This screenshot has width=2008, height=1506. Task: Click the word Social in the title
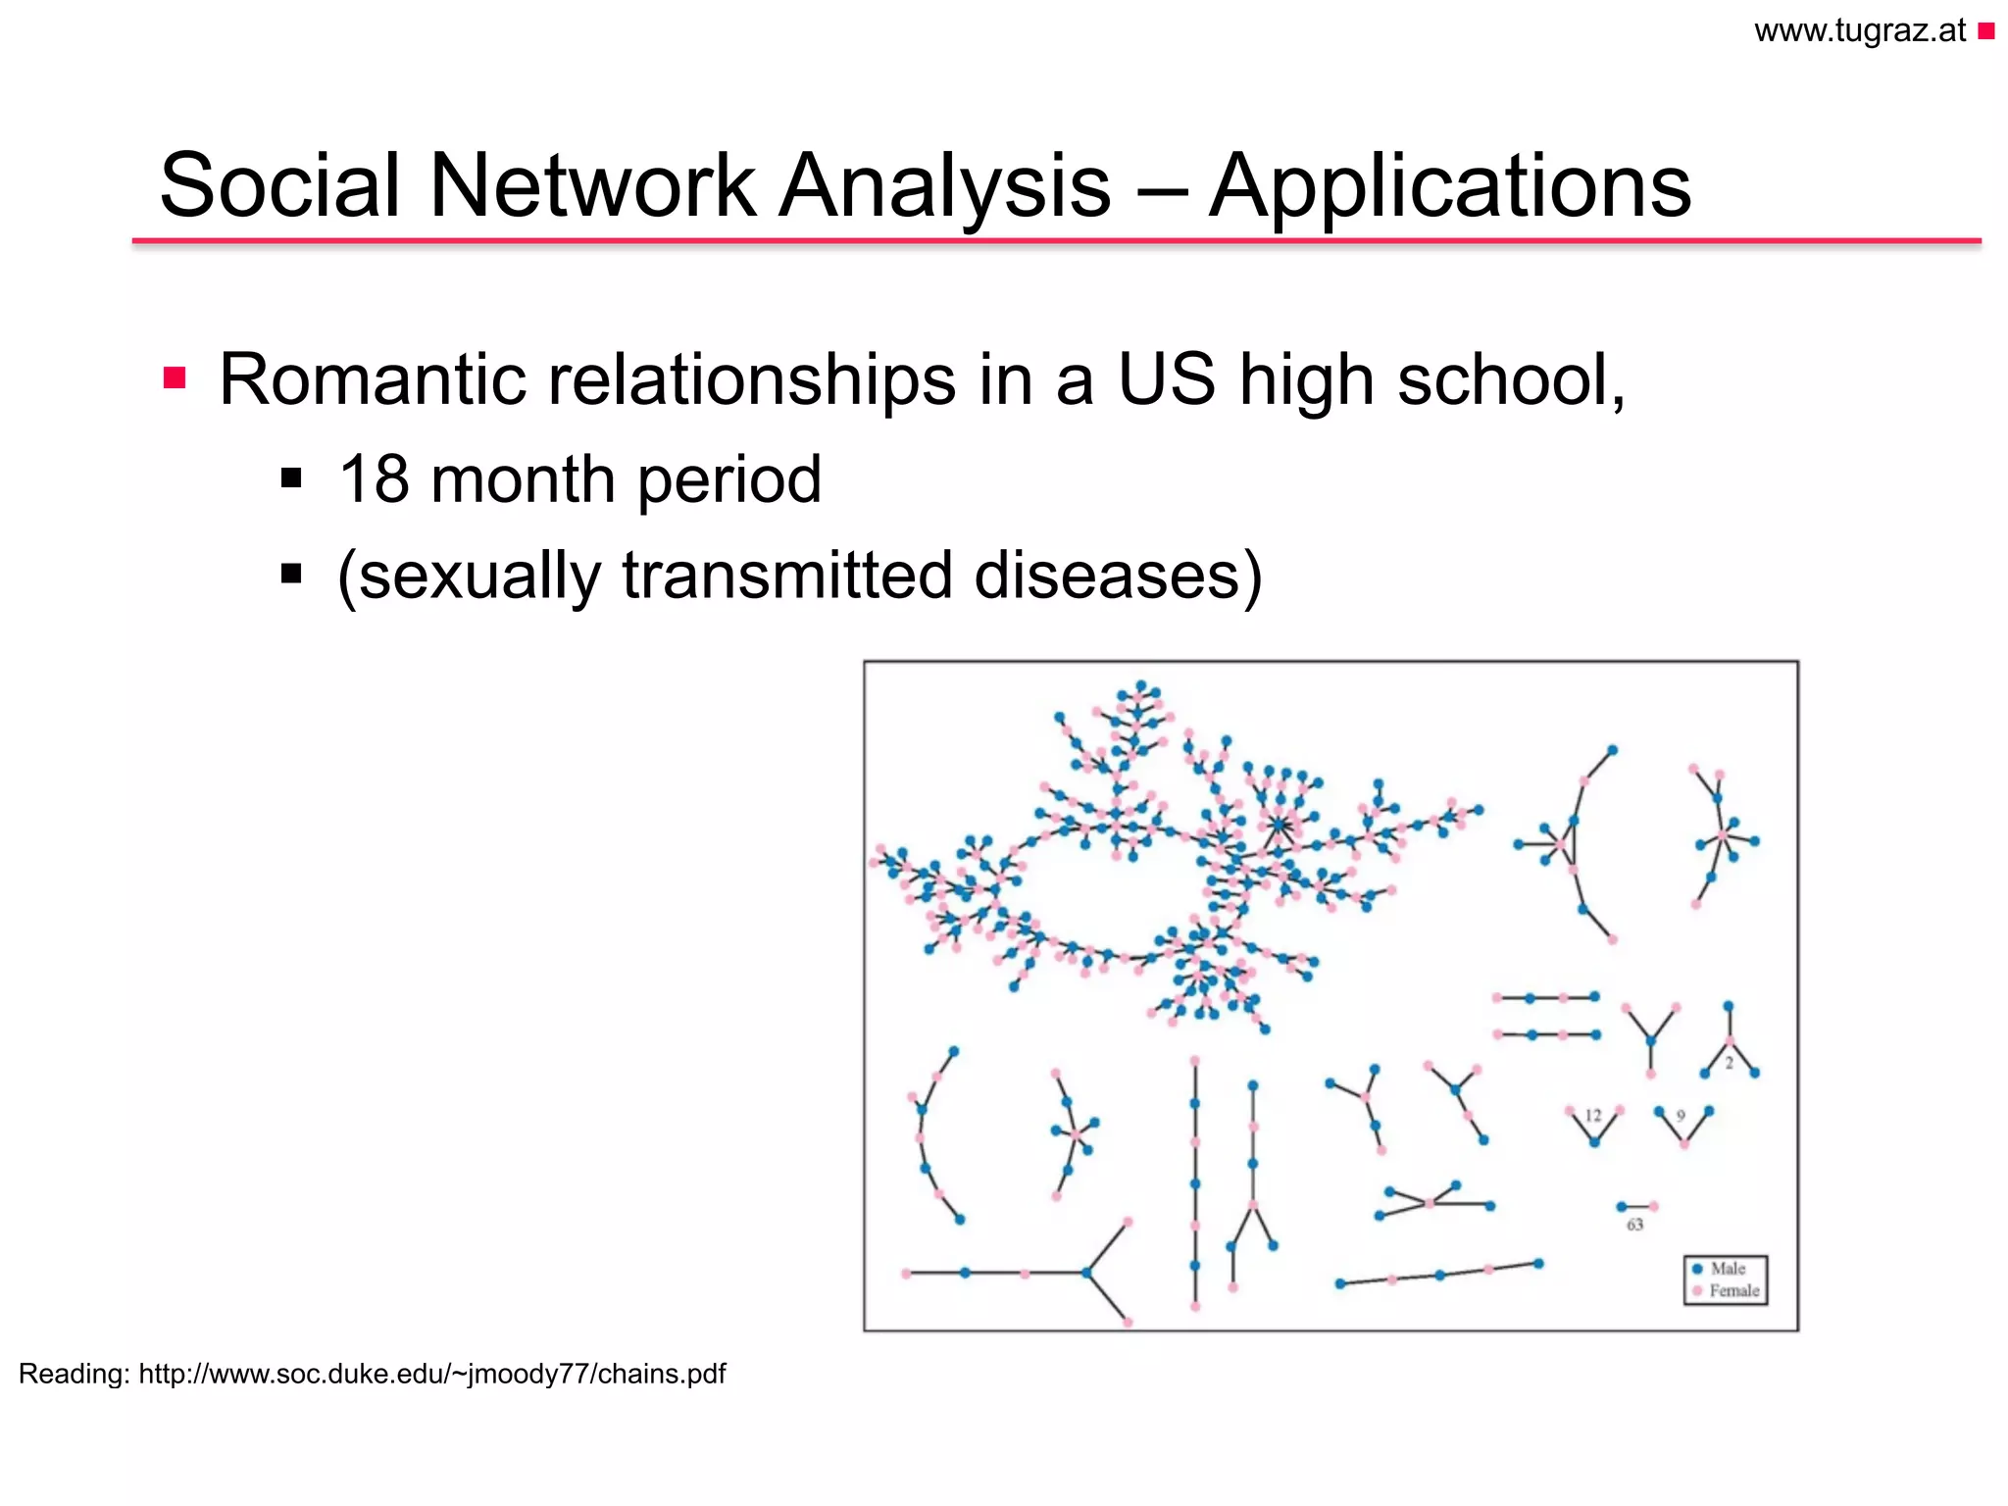[279, 186]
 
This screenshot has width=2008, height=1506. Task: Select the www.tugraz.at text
[1860, 31]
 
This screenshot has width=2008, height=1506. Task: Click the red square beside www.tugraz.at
[1986, 32]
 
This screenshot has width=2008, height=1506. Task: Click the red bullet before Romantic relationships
[175, 378]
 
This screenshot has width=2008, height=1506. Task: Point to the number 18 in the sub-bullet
[374, 479]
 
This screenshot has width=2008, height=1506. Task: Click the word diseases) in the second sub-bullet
[1118, 576]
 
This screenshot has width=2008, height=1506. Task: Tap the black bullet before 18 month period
[290, 478]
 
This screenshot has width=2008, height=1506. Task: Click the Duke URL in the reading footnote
[431, 1374]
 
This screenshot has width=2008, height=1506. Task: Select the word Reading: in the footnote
[74, 1374]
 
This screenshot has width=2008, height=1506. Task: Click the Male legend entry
[1727, 1269]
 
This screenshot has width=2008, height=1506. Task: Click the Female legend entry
[1732, 1291]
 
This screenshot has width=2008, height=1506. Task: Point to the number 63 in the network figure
[1634, 1225]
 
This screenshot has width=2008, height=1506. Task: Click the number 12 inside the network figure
[1593, 1116]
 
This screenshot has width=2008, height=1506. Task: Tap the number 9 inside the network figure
[1681, 1116]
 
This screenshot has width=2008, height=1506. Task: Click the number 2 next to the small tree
[1730, 1063]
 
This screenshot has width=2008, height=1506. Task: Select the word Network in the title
[591, 186]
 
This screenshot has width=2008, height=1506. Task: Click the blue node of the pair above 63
[1621, 1207]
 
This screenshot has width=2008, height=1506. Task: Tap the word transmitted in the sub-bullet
[786, 576]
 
